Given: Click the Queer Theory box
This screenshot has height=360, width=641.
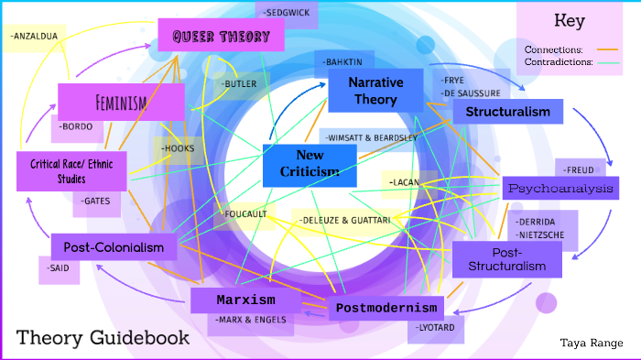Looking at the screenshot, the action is [x=221, y=37].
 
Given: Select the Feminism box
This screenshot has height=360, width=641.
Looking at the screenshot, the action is [x=120, y=102].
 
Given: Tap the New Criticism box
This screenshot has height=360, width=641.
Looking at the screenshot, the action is [x=309, y=164].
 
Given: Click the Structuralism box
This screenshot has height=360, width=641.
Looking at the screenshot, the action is [x=507, y=112].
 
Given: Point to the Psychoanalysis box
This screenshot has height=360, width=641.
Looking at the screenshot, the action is [x=561, y=188].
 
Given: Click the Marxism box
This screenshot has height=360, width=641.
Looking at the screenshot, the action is [x=244, y=300].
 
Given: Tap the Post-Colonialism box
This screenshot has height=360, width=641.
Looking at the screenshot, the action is [x=114, y=246].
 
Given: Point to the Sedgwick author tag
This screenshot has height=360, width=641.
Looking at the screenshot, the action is [x=287, y=14].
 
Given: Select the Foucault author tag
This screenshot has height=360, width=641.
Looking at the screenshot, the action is [x=244, y=214].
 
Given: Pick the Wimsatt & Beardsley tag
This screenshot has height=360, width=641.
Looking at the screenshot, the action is [x=370, y=137].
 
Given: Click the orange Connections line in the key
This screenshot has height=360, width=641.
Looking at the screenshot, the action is [x=607, y=49].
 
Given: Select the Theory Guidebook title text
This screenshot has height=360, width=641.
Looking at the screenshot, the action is [x=103, y=337].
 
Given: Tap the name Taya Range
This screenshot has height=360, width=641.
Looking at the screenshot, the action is [x=592, y=343].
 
